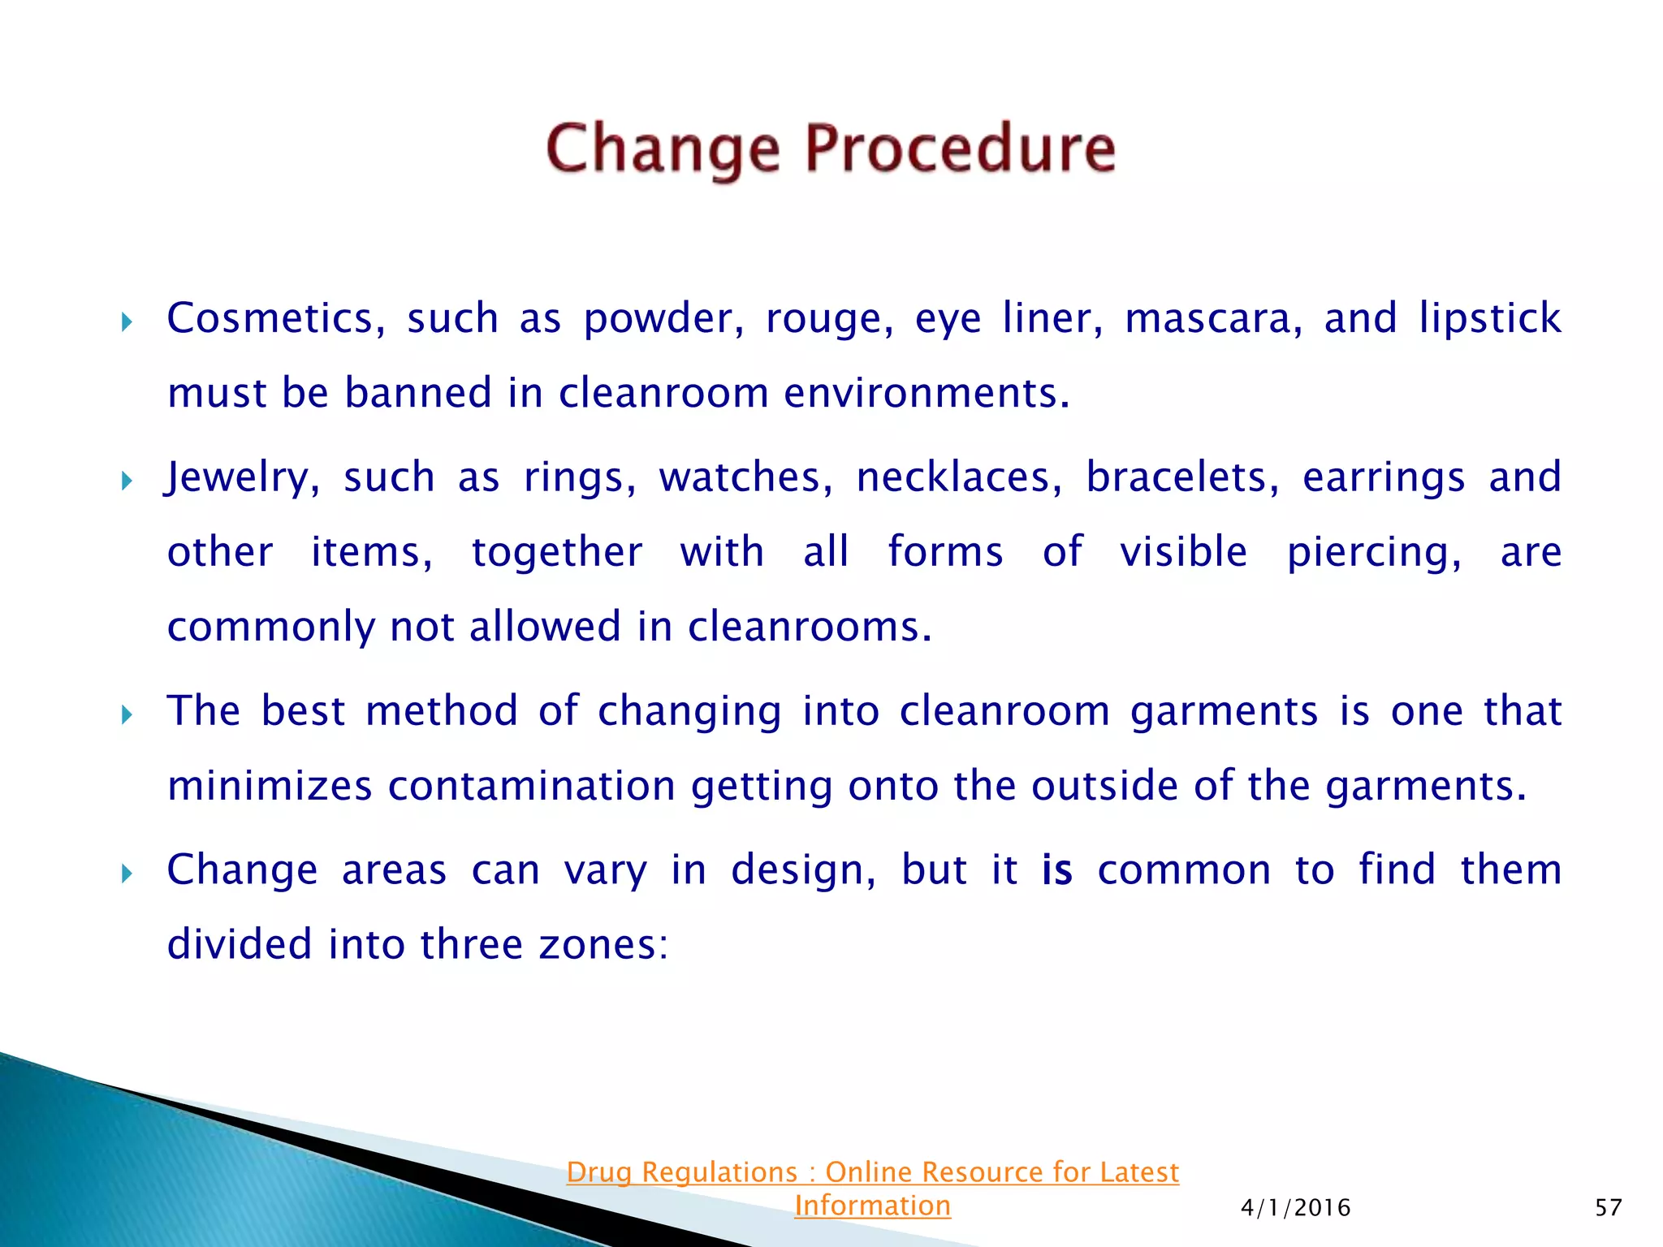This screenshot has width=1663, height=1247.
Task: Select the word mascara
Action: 1214,318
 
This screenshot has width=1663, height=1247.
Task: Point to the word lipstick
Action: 1490,318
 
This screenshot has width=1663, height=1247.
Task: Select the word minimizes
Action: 270,786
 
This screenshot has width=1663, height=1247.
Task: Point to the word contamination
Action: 531,786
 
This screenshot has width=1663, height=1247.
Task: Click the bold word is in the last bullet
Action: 1057,870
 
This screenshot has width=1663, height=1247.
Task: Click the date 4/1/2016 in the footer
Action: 1295,1208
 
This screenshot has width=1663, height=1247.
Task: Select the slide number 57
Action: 1608,1208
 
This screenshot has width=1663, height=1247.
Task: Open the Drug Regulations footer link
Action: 872,1172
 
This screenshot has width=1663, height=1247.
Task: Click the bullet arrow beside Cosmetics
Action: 127,322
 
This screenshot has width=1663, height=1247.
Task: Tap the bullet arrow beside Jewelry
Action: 127,481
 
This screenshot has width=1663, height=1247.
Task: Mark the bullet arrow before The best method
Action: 127,715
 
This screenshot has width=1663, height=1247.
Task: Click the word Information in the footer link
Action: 872,1206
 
